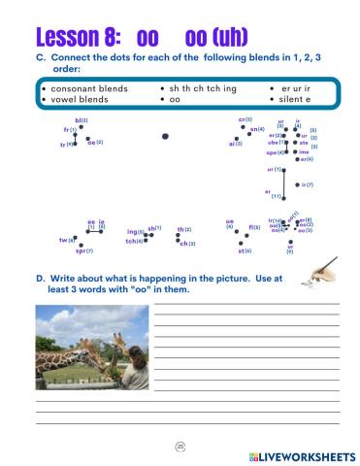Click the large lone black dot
[165, 137]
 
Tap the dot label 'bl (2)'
[81, 120]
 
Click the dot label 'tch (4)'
[134, 241]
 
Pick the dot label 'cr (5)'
[245, 119]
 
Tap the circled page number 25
[180, 446]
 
